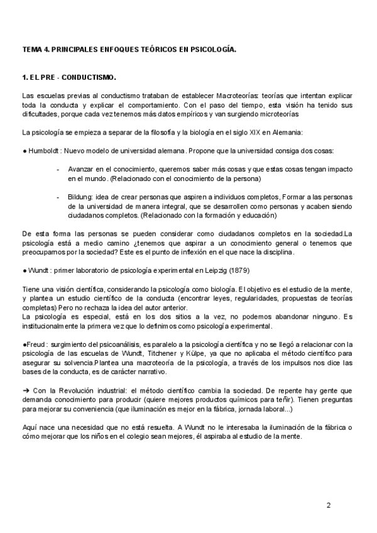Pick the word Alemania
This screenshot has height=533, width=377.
pos(283,133)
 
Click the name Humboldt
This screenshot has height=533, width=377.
pos(44,151)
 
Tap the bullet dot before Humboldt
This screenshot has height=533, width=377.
pos(23,151)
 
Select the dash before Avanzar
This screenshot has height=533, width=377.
pos(58,170)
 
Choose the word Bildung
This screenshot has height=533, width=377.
pos(80,197)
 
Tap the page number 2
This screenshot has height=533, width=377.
pos(328,505)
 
